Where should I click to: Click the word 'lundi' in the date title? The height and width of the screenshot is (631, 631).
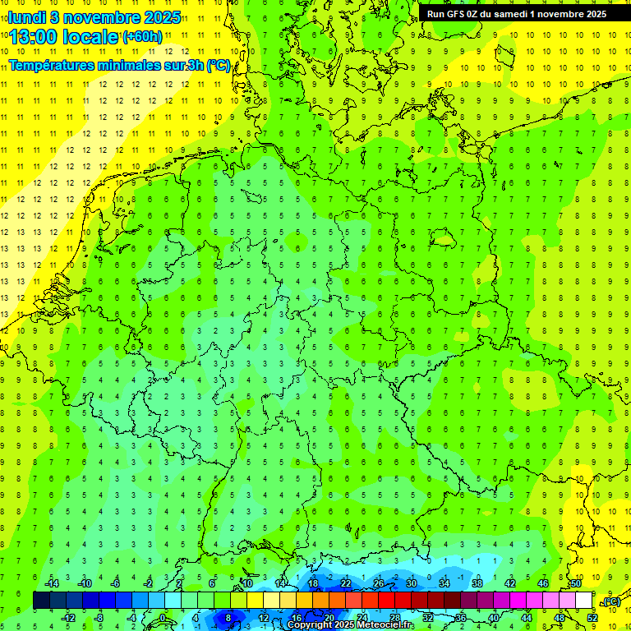[28, 16]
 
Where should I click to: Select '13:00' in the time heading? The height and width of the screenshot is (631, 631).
[35, 36]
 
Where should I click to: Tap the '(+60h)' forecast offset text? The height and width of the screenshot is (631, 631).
[141, 36]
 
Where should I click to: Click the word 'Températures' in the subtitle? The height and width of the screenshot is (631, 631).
[49, 66]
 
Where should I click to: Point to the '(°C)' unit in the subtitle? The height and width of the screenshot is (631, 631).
[218, 66]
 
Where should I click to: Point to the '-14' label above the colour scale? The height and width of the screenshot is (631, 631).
[51, 583]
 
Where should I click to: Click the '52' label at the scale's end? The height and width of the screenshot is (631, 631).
[592, 618]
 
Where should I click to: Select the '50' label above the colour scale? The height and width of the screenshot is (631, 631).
[576, 583]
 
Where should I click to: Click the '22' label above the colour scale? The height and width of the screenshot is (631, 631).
[346, 583]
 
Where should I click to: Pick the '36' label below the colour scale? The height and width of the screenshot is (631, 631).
[461, 618]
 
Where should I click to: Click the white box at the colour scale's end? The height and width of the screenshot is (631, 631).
[584, 601]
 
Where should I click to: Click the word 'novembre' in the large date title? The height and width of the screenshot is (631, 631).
[96, 16]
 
